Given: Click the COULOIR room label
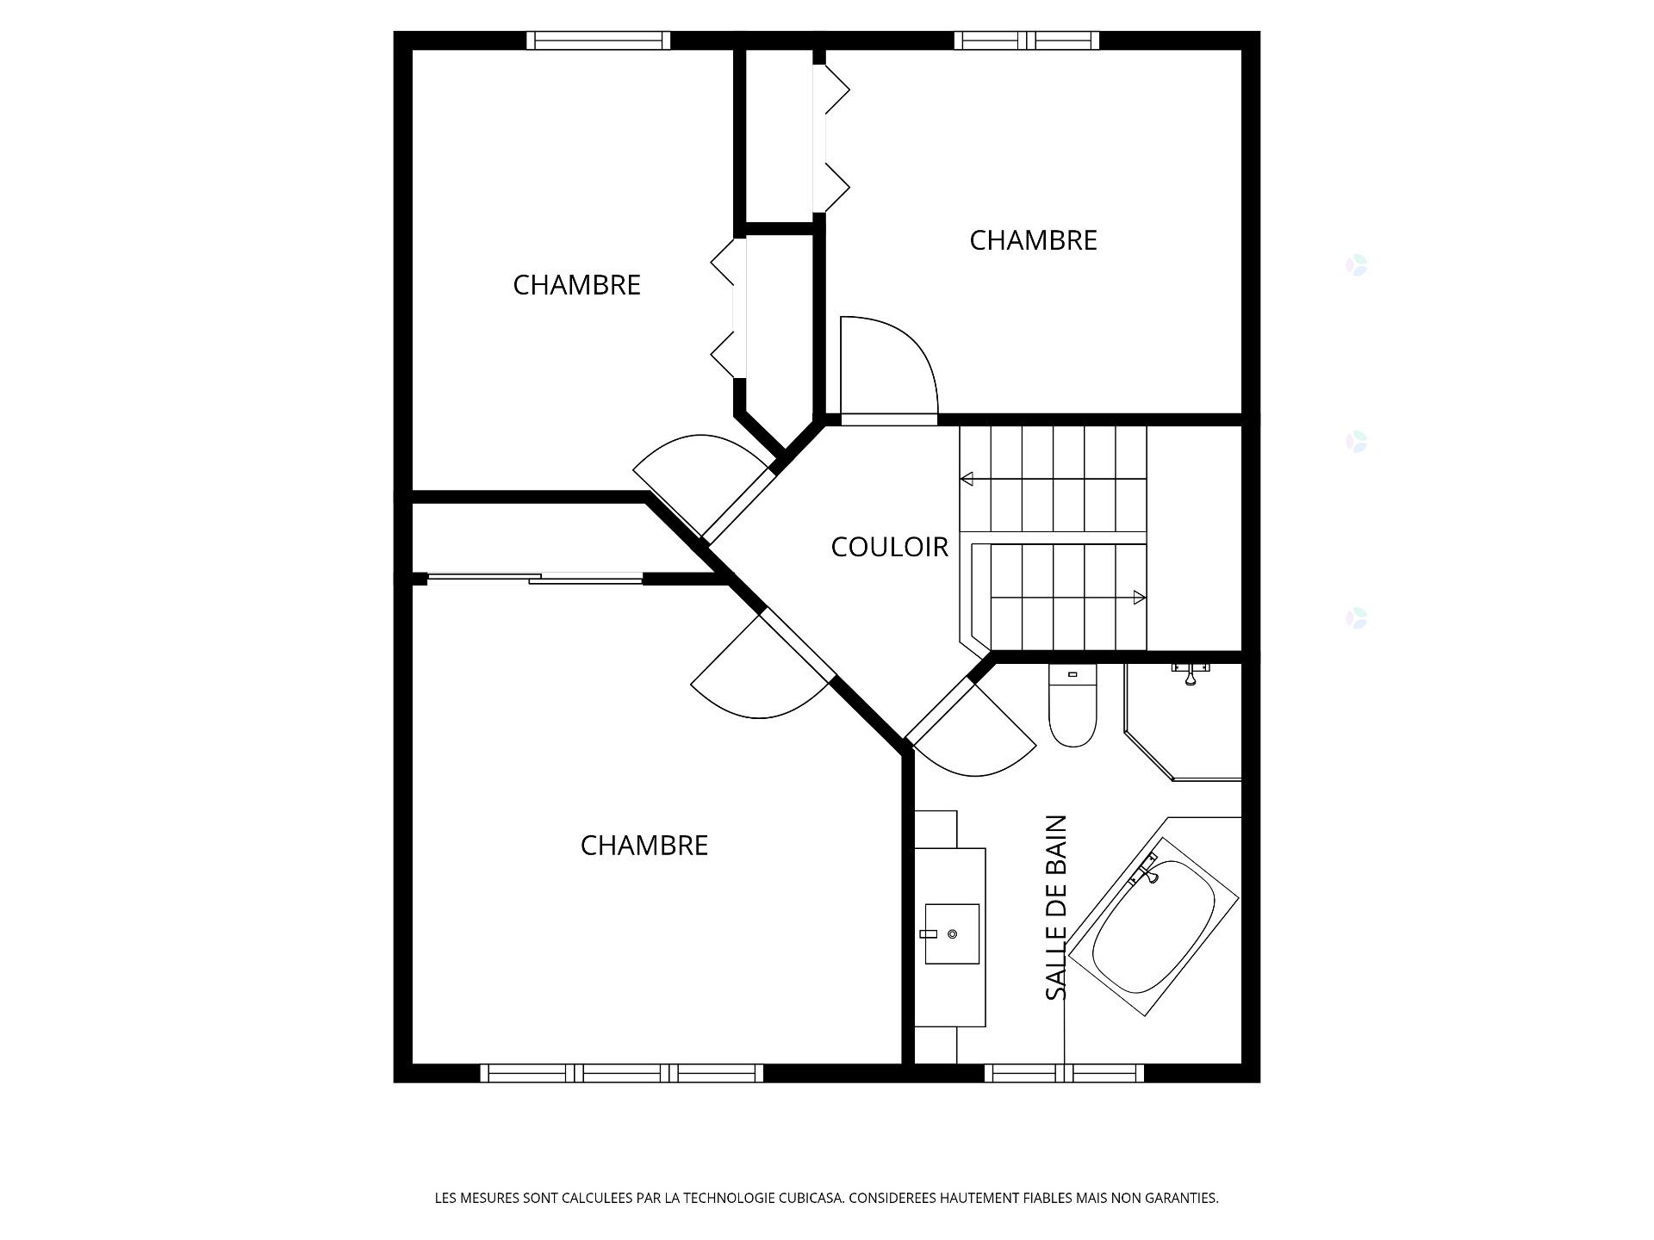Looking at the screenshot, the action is [x=889, y=547].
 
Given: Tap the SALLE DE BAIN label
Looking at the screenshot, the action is [x=1056, y=908].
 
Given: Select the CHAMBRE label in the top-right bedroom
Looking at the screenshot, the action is [x=1033, y=240].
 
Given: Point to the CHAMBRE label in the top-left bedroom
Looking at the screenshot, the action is [x=576, y=285].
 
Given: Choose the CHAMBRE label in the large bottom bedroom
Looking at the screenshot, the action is [x=644, y=846].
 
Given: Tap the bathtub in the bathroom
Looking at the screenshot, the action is [x=1153, y=927].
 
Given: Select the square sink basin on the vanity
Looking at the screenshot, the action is [x=952, y=934].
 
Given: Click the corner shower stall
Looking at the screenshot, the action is [x=1183, y=722].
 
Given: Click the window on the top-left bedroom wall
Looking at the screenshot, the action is [x=598, y=40].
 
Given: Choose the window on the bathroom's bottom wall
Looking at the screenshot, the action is [x=1065, y=1073].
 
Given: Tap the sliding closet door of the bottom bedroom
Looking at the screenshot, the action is [x=535, y=579].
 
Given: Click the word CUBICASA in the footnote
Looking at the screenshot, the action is [x=811, y=1198].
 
